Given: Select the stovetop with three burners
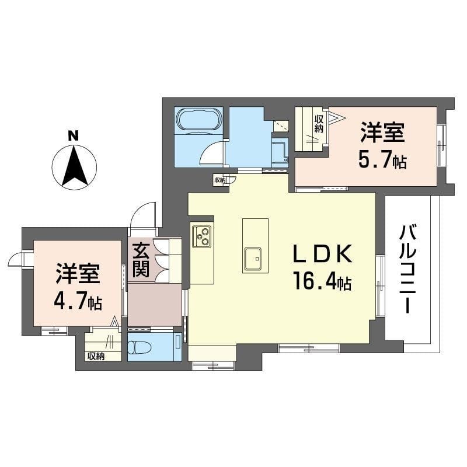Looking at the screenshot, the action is pyautogui.click(x=201, y=236).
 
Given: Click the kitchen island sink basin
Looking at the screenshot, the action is pyautogui.click(x=253, y=259).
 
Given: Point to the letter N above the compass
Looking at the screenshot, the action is pyautogui.click(x=74, y=136).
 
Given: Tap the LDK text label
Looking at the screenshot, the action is pyautogui.click(x=323, y=254).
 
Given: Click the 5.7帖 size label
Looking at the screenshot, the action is pyautogui.click(x=382, y=161).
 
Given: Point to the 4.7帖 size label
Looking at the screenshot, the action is pyautogui.click(x=78, y=301).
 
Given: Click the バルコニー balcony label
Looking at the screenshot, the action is pyautogui.click(x=407, y=270).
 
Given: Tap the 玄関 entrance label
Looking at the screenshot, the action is pyautogui.click(x=141, y=259).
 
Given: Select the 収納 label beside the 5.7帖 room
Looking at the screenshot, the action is pyautogui.click(x=319, y=124).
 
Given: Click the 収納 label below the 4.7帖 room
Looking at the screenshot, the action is pyautogui.click(x=96, y=356).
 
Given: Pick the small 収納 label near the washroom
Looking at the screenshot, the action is pyautogui.click(x=220, y=180).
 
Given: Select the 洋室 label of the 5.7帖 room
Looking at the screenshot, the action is pyautogui.click(x=382, y=133).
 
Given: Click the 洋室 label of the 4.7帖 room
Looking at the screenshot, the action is pyautogui.click(x=78, y=273).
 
